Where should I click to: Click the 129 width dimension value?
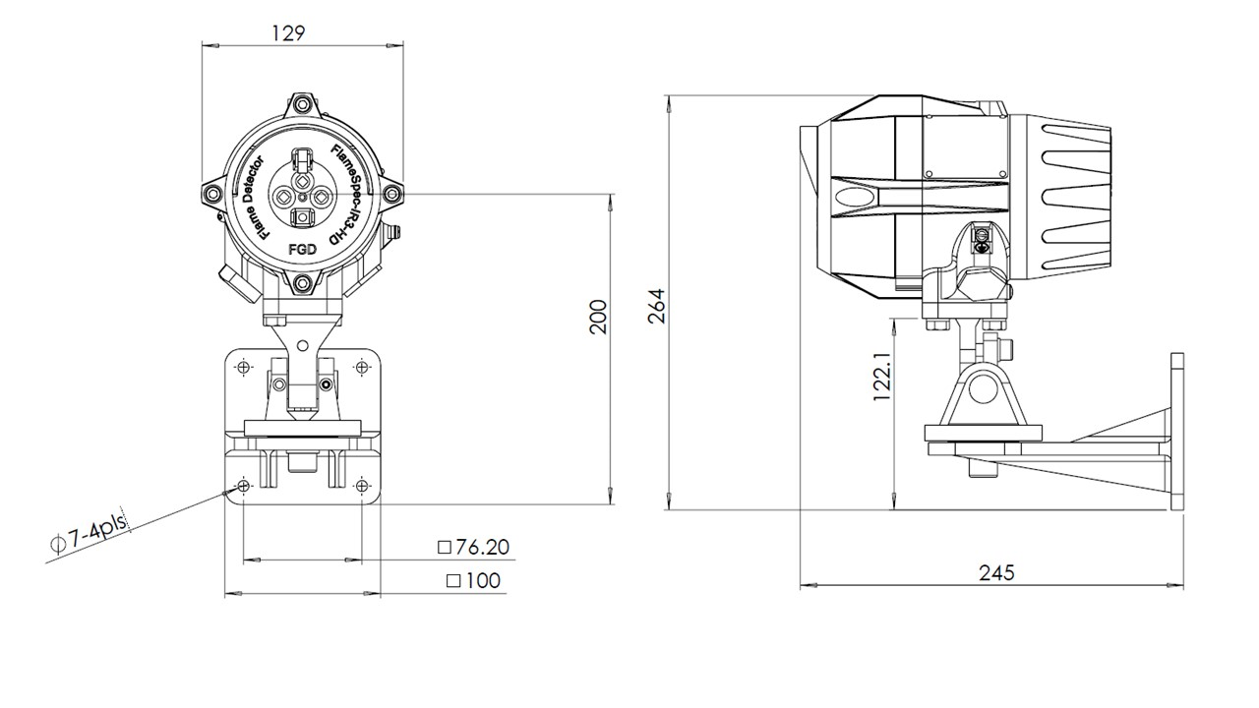(x=286, y=31)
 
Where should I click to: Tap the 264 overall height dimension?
(x=657, y=305)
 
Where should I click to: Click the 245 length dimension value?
(x=995, y=572)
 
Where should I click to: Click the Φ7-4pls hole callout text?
(x=89, y=537)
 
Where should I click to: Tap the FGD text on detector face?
(x=302, y=250)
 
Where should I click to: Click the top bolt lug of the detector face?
(x=303, y=103)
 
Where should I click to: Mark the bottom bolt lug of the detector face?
(x=303, y=285)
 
